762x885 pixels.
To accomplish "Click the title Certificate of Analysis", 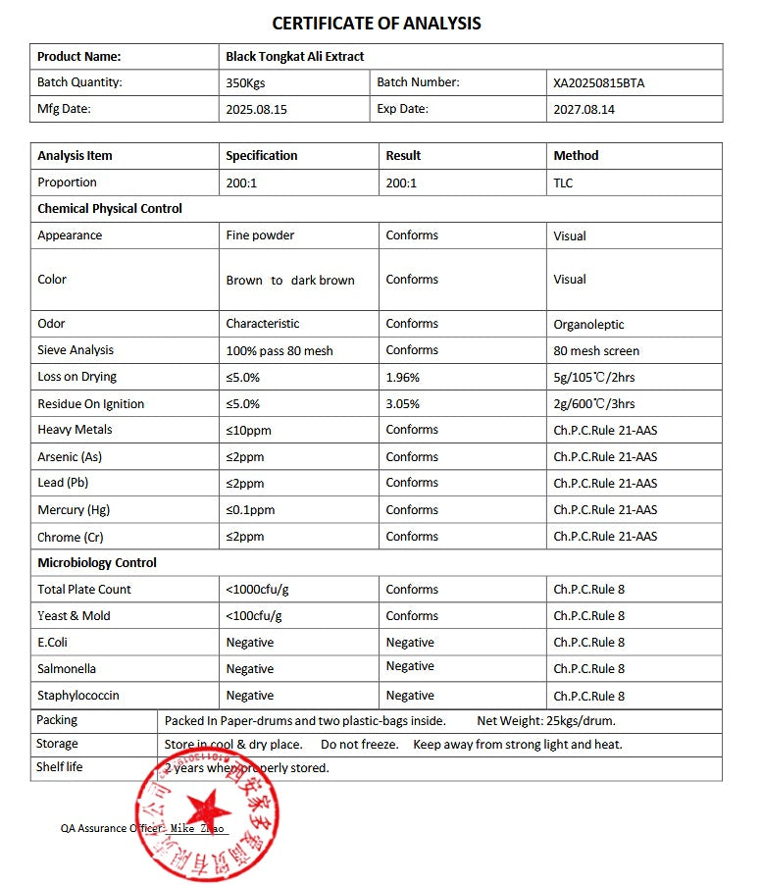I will pyautogui.click(x=377, y=24).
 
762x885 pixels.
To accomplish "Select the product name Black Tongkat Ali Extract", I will pyautogui.click(x=294, y=57).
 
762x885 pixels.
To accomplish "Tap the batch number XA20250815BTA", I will pyautogui.click(x=598, y=83).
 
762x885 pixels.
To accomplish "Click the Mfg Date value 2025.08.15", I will pyautogui.click(x=256, y=110).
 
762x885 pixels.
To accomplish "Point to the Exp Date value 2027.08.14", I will pyautogui.click(x=584, y=110).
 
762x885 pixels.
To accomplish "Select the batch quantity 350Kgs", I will pyautogui.click(x=246, y=83).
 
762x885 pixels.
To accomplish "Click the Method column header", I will pyautogui.click(x=576, y=155).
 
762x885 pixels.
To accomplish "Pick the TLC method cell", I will pyautogui.click(x=563, y=182).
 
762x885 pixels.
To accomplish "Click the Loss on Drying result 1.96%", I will pyautogui.click(x=403, y=377).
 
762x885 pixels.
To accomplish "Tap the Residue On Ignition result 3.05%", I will pyautogui.click(x=403, y=403).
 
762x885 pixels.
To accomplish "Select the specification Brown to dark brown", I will pyautogui.click(x=290, y=280).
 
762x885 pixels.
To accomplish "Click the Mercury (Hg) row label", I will pyautogui.click(x=73, y=509).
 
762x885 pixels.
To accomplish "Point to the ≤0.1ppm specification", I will pyautogui.click(x=250, y=510).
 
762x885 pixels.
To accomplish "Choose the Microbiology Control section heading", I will pyautogui.click(x=97, y=563).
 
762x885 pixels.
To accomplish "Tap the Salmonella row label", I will pyautogui.click(x=67, y=669).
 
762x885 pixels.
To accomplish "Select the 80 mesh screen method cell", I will pyautogui.click(x=596, y=350).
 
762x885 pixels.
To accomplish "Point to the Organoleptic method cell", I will pyautogui.click(x=588, y=324).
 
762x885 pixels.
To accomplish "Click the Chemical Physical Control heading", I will pyautogui.click(x=110, y=209).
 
